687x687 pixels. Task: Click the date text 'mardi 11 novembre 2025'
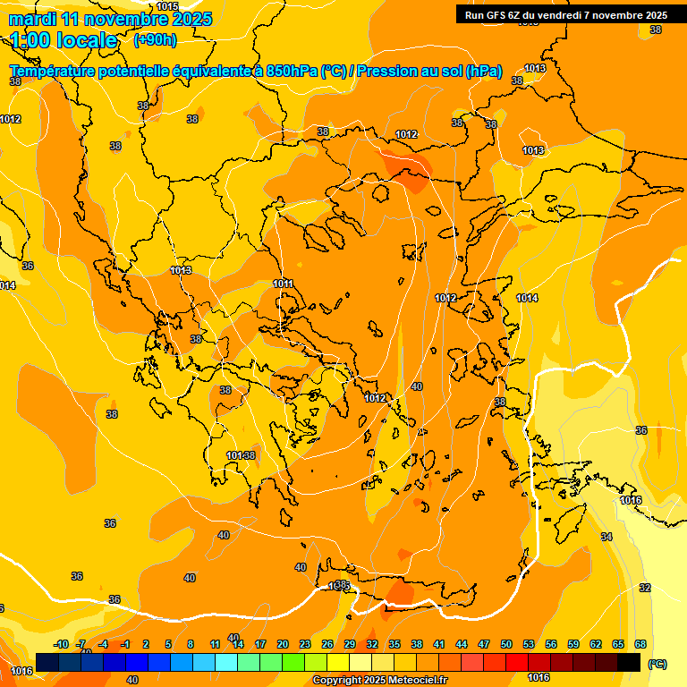tap(110, 19)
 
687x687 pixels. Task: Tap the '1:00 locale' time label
tap(64, 40)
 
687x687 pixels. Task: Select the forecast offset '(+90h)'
tap(155, 40)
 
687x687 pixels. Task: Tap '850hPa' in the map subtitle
tap(292, 71)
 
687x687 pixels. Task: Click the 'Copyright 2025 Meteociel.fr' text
tap(379, 680)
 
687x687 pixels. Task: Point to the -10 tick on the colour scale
tap(61, 644)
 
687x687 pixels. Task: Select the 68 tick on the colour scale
tap(640, 644)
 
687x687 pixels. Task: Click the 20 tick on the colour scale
tap(283, 644)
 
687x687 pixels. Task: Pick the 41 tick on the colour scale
tap(439, 644)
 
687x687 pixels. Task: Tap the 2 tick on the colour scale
tap(147, 644)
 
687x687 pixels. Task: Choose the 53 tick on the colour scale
tap(529, 644)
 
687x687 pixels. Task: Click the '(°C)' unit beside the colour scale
tap(657, 664)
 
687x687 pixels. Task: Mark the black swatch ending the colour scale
tap(629, 663)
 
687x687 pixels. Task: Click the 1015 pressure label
tap(167, 6)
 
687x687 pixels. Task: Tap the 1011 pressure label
tap(284, 284)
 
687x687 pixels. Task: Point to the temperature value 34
tap(606, 537)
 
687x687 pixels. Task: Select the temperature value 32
tap(645, 588)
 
